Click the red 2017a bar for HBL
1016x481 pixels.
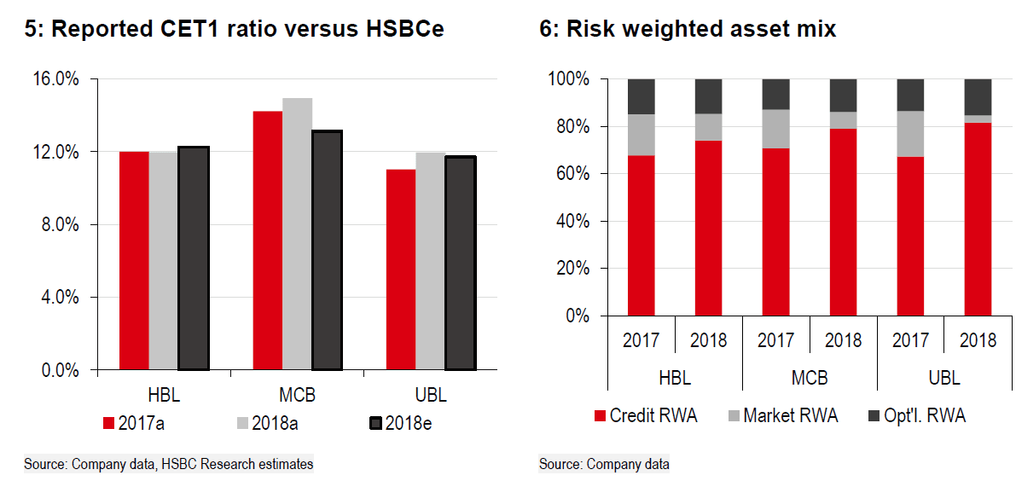point(134,261)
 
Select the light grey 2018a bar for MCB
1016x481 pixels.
point(298,235)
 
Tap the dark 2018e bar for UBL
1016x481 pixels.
point(461,264)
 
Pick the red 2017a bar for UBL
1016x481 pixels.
point(400,270)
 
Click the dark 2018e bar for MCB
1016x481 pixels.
point(327,251)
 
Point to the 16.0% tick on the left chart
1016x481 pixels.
point(55,79)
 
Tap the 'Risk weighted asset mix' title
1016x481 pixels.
point(688,30)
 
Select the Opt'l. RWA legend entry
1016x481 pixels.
point(918,416)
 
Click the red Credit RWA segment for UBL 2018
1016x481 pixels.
point(978,219)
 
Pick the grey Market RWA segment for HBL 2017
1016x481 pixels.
point(642,135)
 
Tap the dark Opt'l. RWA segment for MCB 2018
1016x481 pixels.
point(843,96)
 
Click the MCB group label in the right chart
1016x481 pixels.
point(810,377)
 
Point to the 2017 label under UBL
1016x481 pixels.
point(910,340)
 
